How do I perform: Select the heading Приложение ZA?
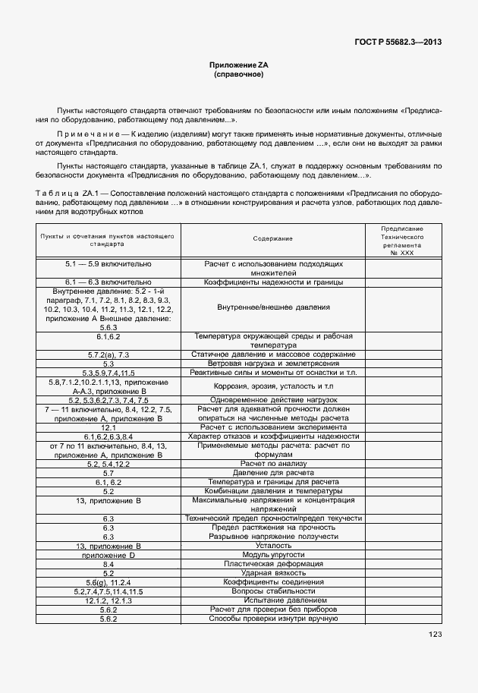pyautogui.click(x=239, y=66)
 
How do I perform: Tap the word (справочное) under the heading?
pyautogui.click(x=239, y=75)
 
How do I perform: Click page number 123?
pyautogui.click(x=435, y=635)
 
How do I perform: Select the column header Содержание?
pyautogui.click(x=273, y=239)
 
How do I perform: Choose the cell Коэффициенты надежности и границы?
pyautogui.click(x=273, y=282)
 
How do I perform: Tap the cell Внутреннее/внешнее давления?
pyautogui.click(x=273, y=307)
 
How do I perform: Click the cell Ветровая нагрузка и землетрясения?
pyautogui.click(x=273, y=364)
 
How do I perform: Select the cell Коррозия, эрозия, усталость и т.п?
pyautogui.click(x=273, y=386)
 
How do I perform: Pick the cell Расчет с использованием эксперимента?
pyautogui.click(x=273, y=427)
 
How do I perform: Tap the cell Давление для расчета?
pyautogui.click(x=273, y=473)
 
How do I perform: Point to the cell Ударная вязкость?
pyautogui.click(x=273, y=573)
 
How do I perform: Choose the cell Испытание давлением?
pyautogui.click(x=273, y=600)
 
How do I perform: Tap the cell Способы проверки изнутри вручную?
pyautogui.click(x=273, y=619)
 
